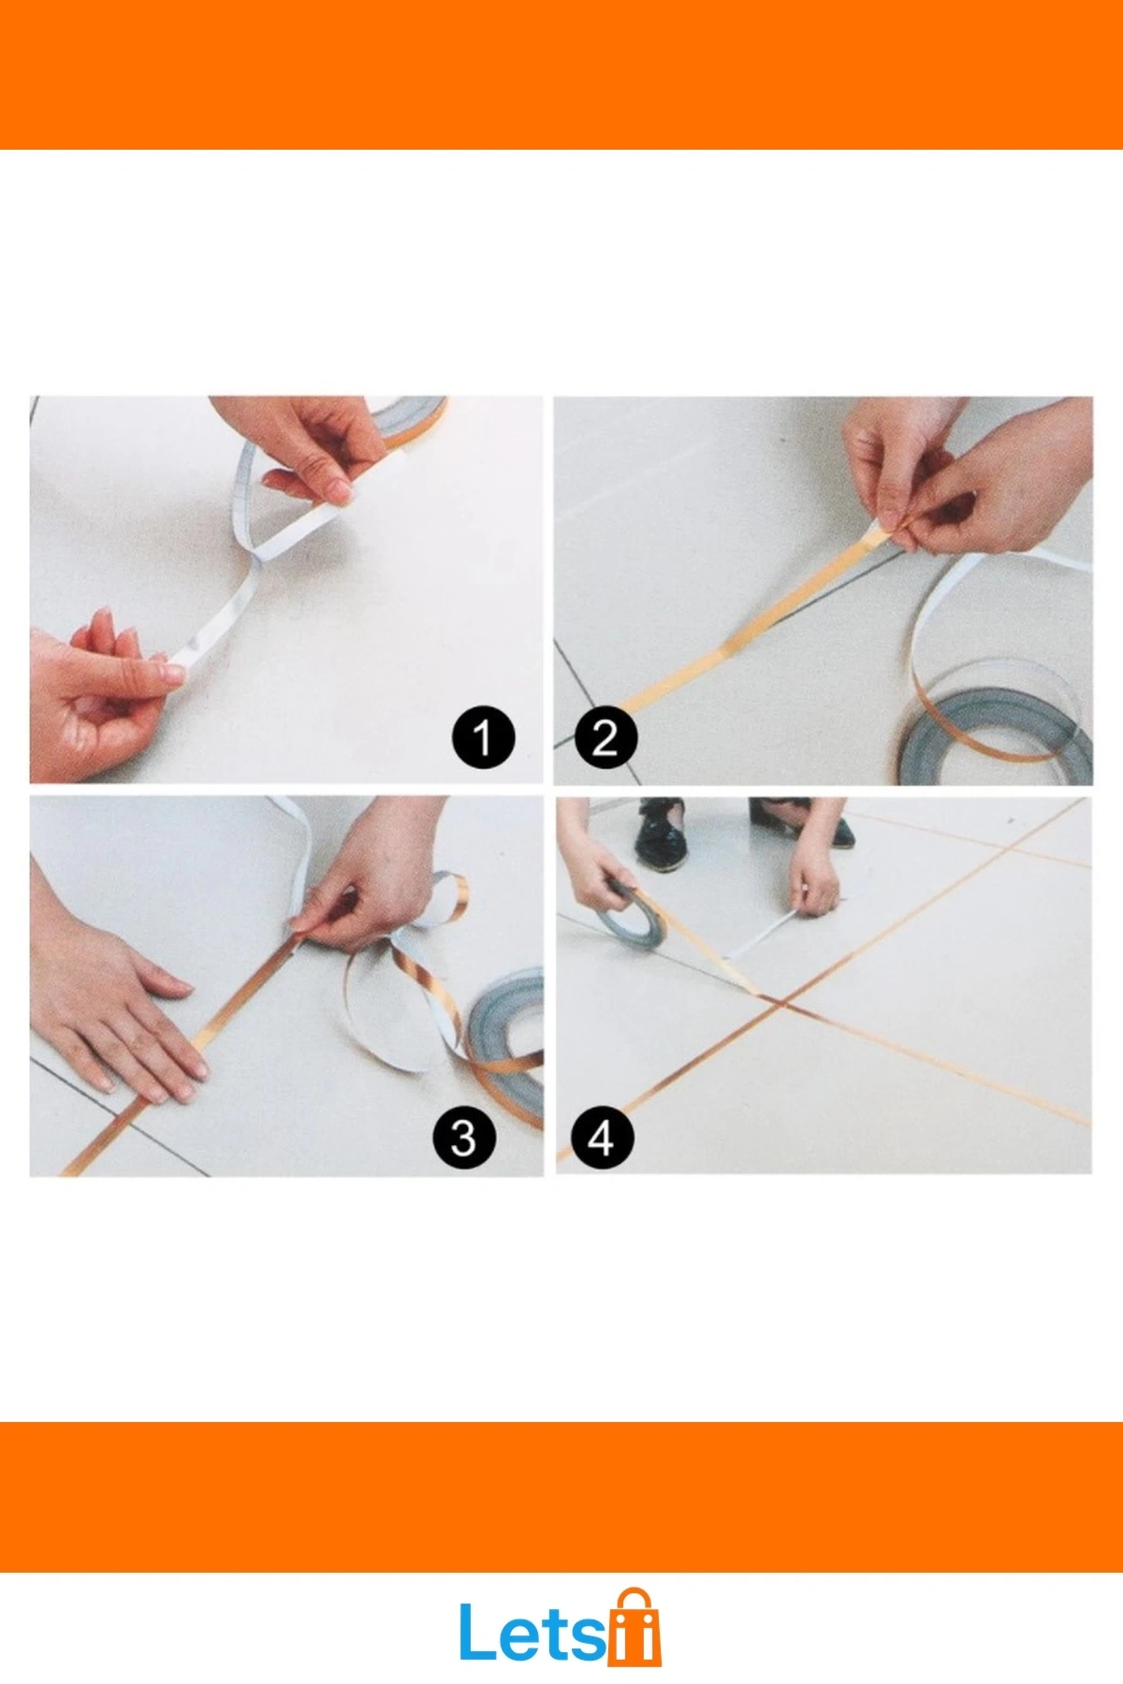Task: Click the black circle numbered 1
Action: click(x=483, y=737)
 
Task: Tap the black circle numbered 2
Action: click(x=605, y=738)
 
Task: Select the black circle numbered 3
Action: click(x=464, y=1138)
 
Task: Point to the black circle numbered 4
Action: click(x=602, y=1138)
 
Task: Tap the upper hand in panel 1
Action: click(x=299, y=444)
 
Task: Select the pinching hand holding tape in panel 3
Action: click(x=374, y=875)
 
